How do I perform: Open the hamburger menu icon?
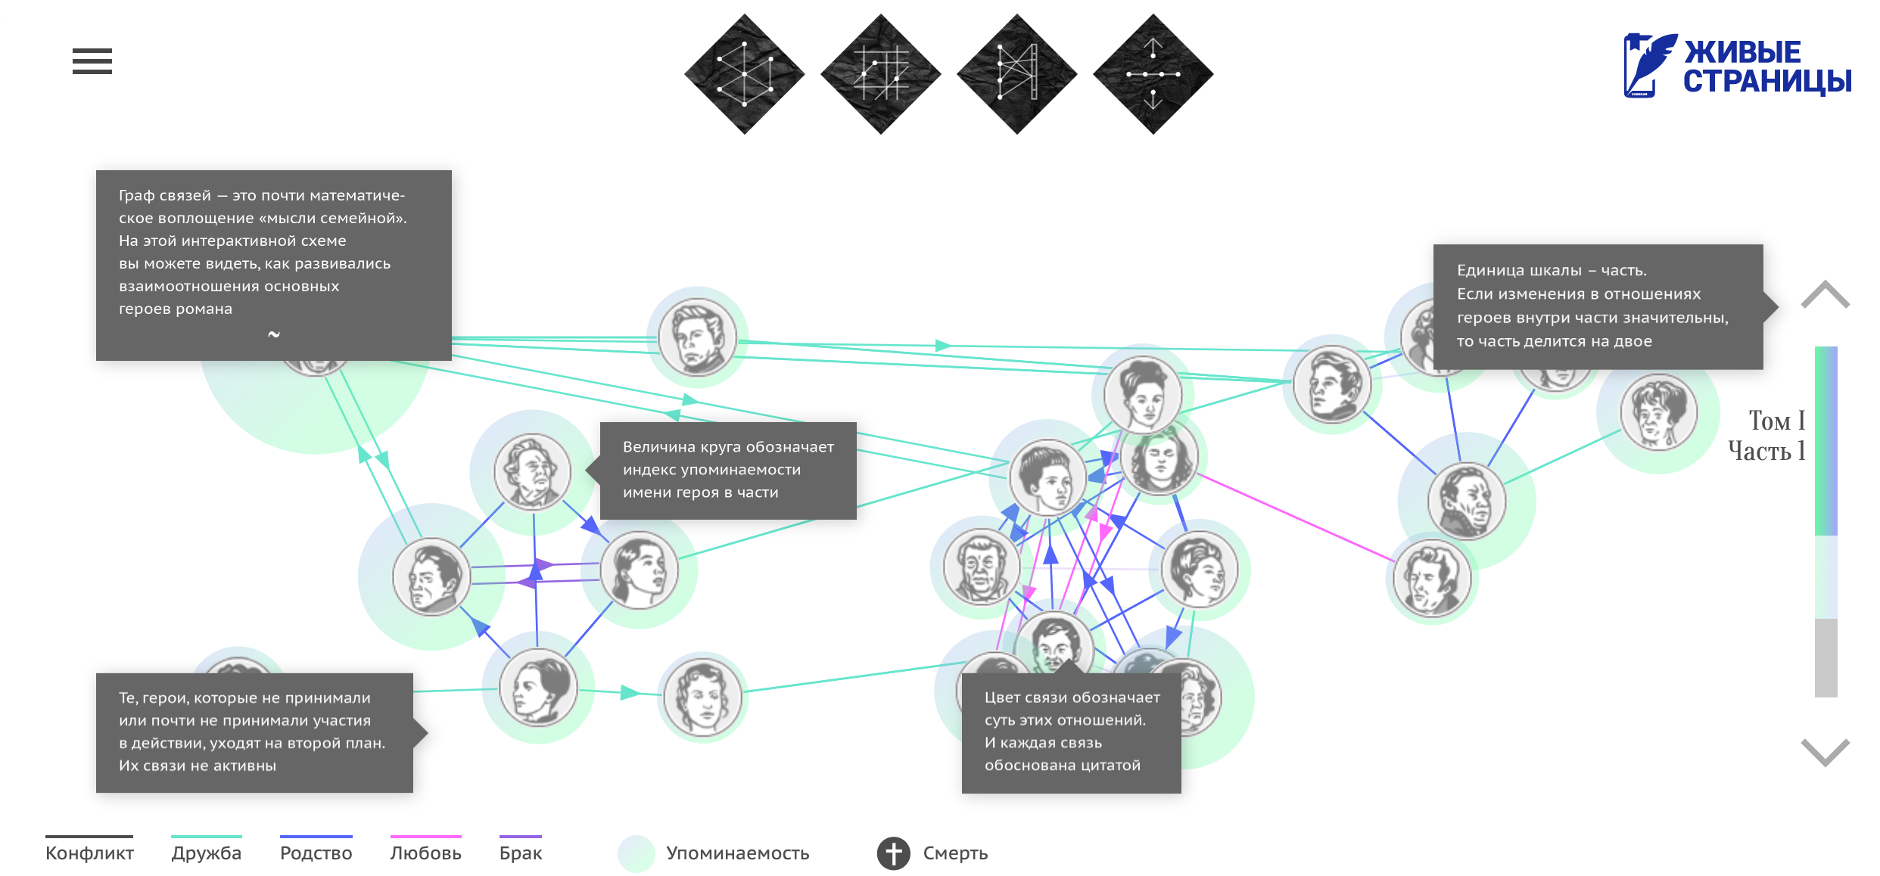click(92, 61)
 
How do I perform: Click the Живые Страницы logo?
click(1737, 67)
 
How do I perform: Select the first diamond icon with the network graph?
click(745, 74)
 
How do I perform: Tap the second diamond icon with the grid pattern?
click(881, 74)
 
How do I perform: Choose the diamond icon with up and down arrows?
click(1153, 74)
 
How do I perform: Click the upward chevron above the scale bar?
click(1825, 295)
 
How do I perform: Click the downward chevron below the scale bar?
click(1825, 751)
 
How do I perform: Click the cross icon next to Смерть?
click(894, 853)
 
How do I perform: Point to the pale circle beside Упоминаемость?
click(636, 853)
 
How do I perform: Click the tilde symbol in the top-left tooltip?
click(274, 334)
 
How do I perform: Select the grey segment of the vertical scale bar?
click(1826, 657)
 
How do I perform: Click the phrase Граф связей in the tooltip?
click(165, 195)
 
